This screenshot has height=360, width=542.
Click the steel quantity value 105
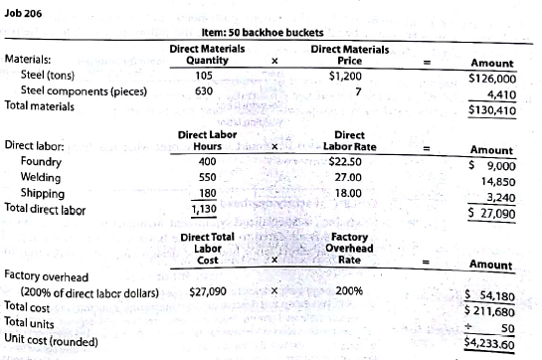pos(206,76)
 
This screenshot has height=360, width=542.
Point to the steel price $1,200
pos(346,76)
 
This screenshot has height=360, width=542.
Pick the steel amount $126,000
pos(492,78)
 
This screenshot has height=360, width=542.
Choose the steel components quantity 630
pos(206,91)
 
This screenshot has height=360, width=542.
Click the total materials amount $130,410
pos(492,110)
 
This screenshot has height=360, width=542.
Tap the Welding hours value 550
pos(207,177)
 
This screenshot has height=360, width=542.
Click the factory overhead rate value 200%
pos(349,292)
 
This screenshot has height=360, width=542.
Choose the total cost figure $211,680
pos(491,311)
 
